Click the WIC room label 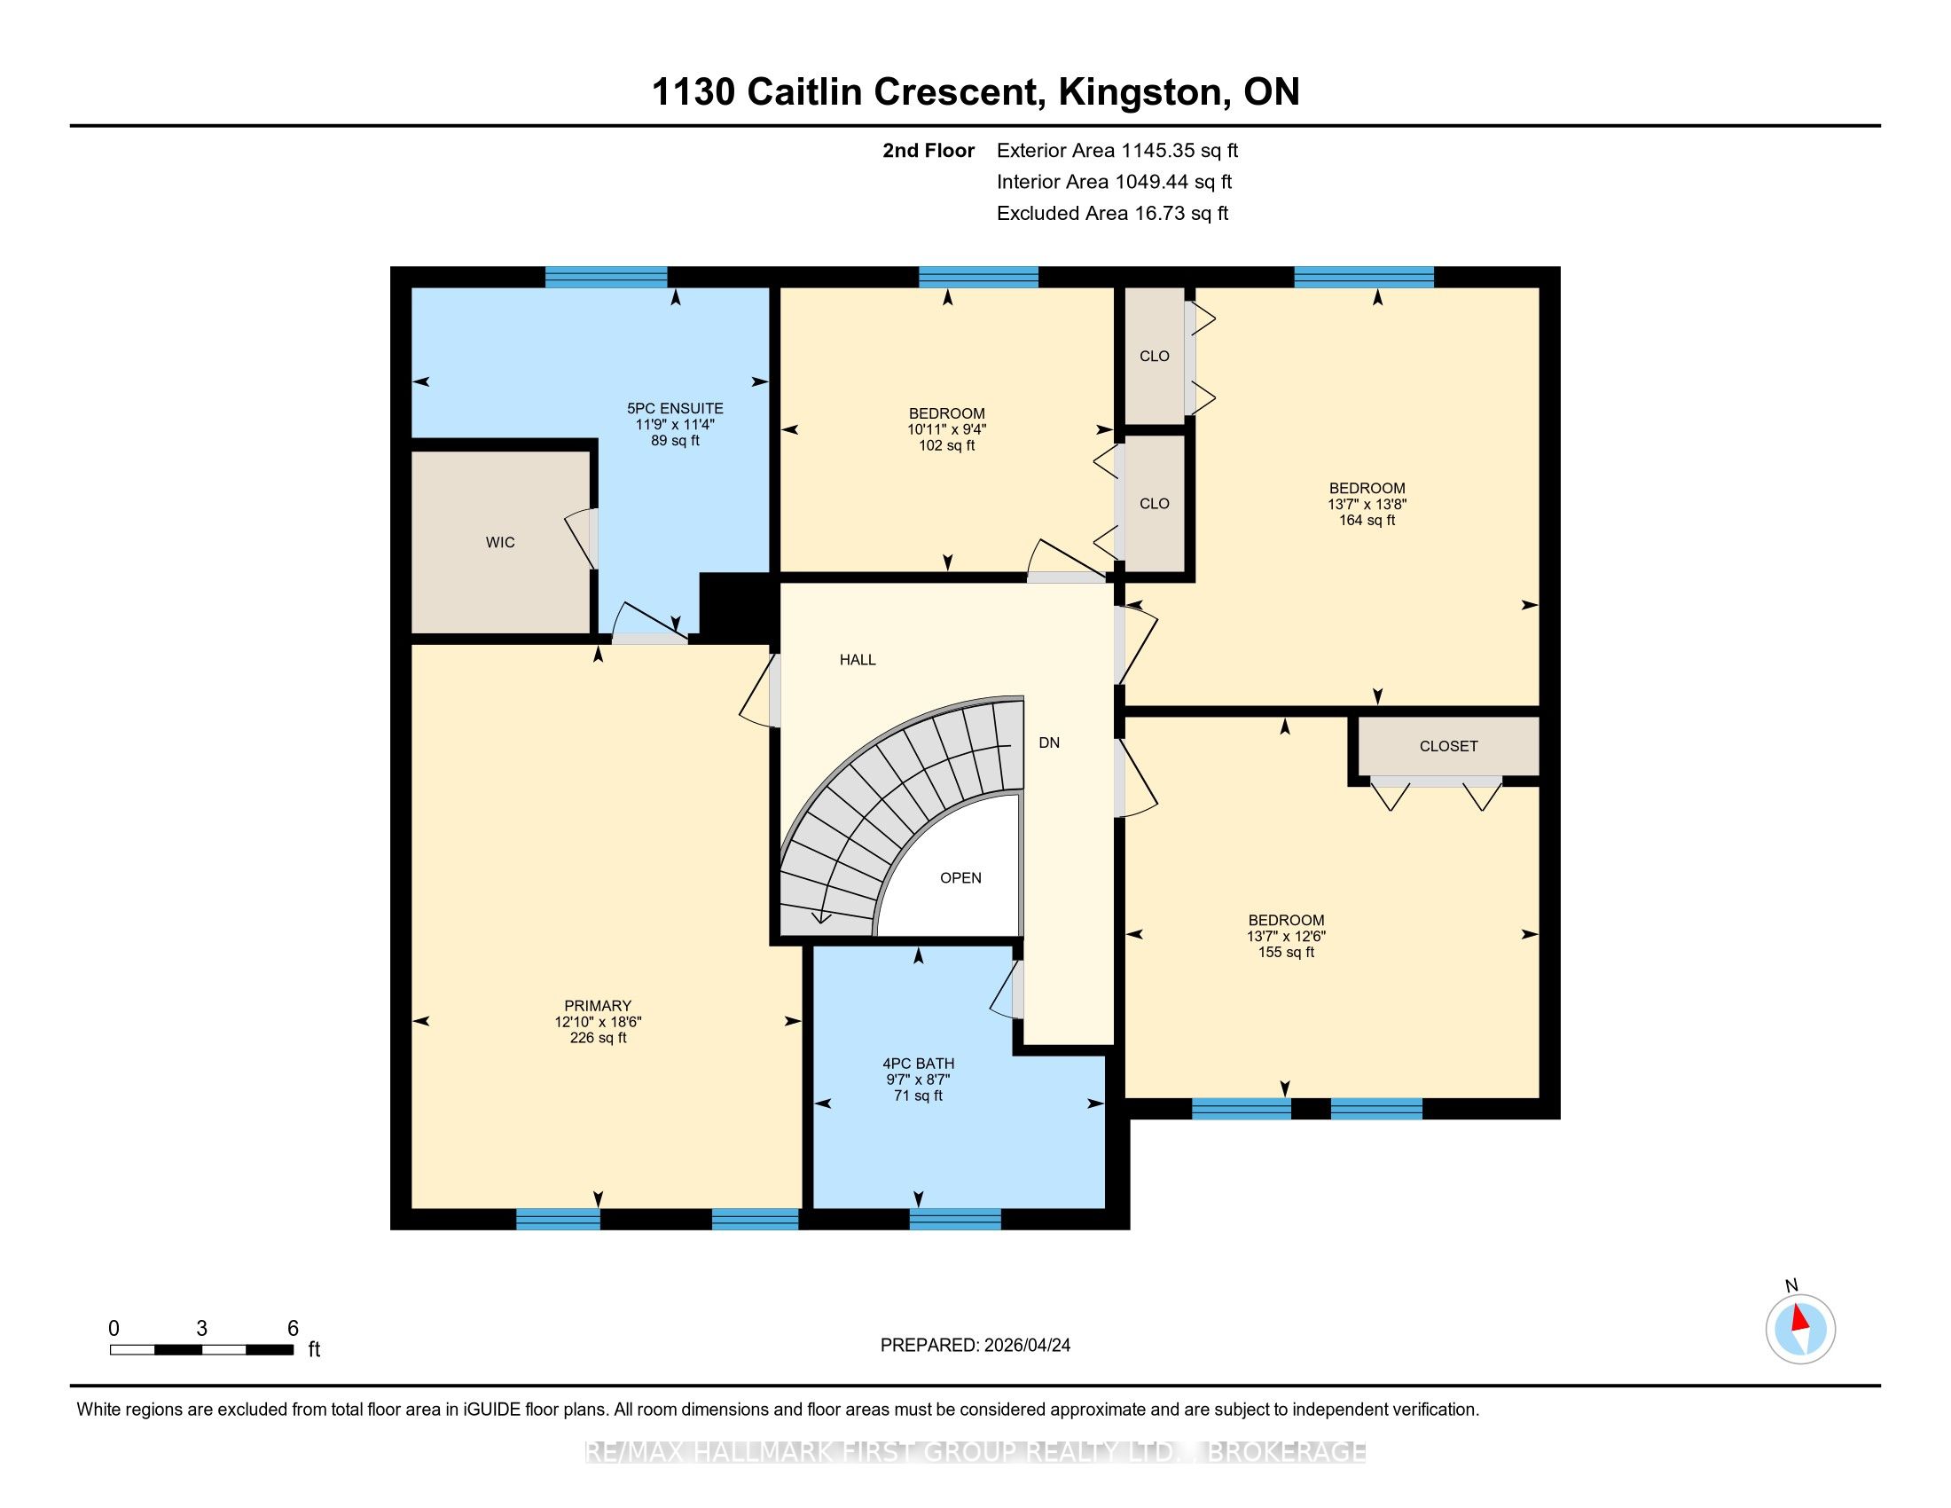point(500,542)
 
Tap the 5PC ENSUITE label point(676,408)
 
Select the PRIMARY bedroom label point(598,1005)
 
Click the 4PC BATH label point(919,1063)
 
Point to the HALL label point(858,659)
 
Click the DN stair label point(1049,742)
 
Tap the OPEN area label point(960,877)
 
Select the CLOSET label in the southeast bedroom point(1448,746)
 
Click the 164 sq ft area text point(1367,520)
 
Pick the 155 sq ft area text point(1287,952)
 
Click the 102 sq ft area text point(947,445)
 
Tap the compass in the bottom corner point(1800,1330)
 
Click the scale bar point(202,1350)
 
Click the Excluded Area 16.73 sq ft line point(1112,213)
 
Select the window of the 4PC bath point(955,1219)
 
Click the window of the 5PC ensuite point(606,277)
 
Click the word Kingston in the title point(1140,92)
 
